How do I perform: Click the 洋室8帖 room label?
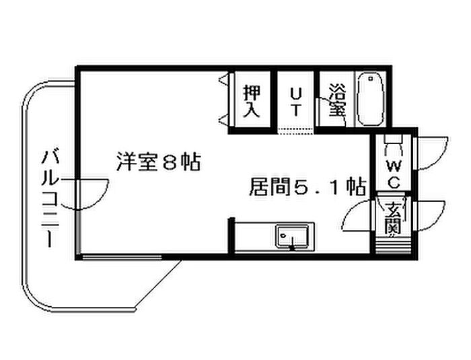pos(158,161)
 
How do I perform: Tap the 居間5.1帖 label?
pos(307,187)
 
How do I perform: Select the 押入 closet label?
pos(252,101)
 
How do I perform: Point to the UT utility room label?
pos(296,102)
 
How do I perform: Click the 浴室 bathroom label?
pos(338,100)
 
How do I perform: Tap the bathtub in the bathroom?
pos(370,99)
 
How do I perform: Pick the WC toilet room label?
pos(394,174)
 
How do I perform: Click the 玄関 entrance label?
pos(393,218)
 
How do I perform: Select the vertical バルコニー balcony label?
pos(50,199)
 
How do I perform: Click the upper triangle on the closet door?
pos(224,79)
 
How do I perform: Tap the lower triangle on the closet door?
pos(224,120)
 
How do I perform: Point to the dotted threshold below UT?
pos(296,129)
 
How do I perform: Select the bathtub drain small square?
pos(370,79)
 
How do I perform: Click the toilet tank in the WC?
pos(394,139)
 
